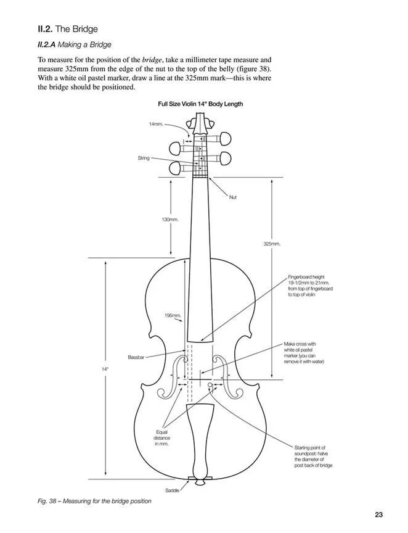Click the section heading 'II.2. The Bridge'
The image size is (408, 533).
(68, 29)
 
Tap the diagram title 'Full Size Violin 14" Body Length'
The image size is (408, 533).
(200, 104)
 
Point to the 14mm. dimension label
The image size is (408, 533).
(156, 124)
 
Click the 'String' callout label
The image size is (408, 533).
(144, 159)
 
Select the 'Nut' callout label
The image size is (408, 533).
(233, 197)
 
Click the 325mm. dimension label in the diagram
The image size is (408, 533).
(272, 244)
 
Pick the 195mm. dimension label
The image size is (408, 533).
(173, 315)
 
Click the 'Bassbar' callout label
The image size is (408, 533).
(136, 357)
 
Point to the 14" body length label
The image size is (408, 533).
(105, 369)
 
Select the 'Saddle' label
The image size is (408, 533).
(172, 490)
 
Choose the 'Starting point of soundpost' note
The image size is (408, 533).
(314, 457)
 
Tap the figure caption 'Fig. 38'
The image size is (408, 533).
(94, 501)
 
